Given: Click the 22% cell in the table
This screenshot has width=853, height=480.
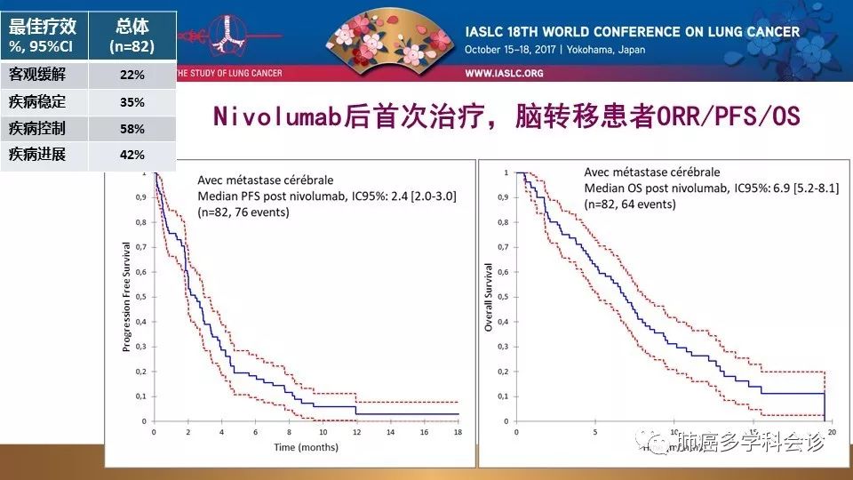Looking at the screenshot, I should coord(132,75).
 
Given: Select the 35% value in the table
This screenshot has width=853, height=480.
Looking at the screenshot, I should coord(132,101).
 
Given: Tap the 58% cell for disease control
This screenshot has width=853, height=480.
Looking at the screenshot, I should coord(132,128).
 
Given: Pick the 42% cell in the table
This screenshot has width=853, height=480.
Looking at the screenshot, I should coord(132,155).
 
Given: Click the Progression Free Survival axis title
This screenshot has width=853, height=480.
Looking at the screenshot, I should coord(127,296).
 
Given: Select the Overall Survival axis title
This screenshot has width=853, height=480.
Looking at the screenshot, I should coord(488,297).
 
